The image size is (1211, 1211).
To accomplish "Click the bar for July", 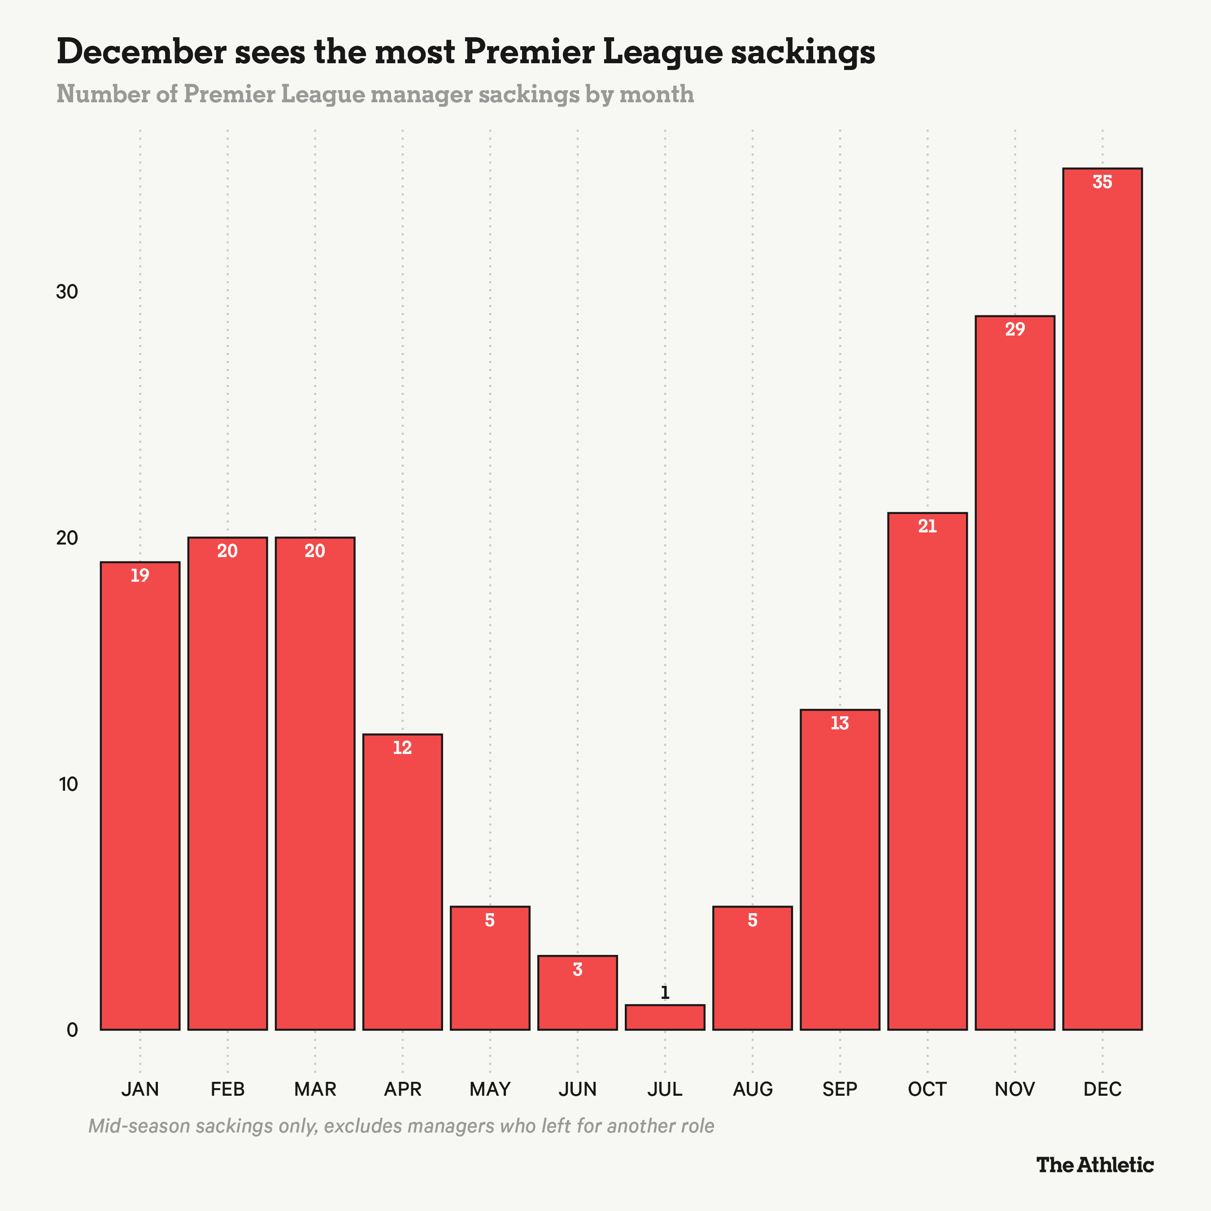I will tap(665, 1017).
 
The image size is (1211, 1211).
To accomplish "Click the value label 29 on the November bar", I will tap(1015, 330).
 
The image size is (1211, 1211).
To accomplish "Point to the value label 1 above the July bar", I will tap(665, 993).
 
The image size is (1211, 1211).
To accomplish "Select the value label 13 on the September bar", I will tap(840, 723).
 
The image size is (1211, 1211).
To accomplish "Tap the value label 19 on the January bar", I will tap(140, 575).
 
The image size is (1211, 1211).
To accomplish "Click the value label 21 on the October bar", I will tap(927, 527).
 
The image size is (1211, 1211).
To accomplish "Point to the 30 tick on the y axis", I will tap(67, 292).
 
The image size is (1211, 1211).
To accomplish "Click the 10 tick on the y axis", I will tap(67, 784).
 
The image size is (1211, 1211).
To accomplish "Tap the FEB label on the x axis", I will tap(227, 1089).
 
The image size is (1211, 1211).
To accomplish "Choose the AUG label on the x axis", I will tap(752, 1089).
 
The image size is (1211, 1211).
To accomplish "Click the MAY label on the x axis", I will tap(489, 1089).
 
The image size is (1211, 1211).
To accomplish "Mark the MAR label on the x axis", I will tap(315, 1089).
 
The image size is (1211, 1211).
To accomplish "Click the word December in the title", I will tap(141, 52).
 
